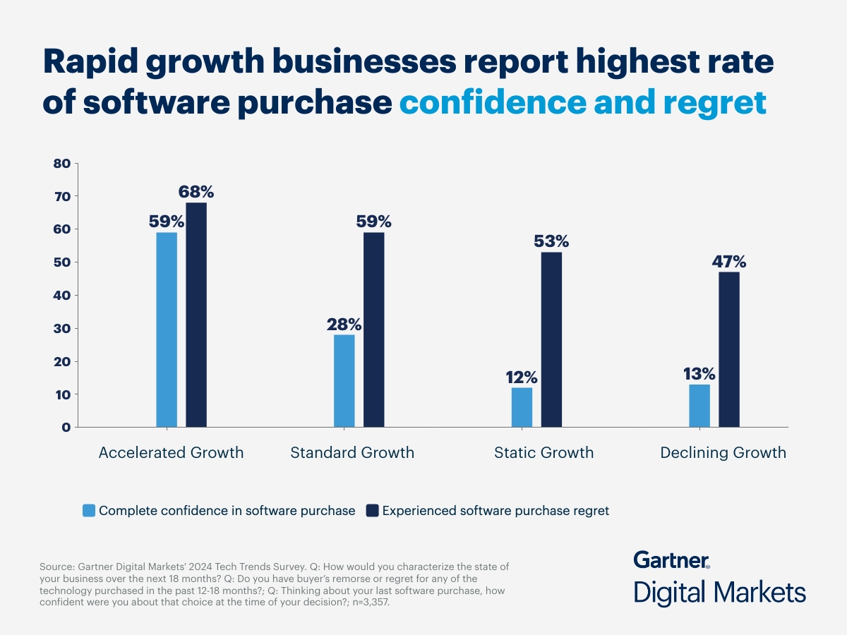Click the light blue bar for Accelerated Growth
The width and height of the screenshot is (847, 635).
pos(167,329)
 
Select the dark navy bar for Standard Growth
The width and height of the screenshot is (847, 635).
pos(374,329)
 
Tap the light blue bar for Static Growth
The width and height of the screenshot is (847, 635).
pos(522,407)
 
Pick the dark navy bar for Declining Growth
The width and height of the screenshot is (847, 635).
pos(729,349)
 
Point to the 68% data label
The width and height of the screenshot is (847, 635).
pos(196,192)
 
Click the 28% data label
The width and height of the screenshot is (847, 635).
pos(344,325)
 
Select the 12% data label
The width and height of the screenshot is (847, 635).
pos(522,377)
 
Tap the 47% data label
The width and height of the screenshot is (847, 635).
pos(728,262)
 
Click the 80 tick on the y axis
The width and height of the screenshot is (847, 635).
pos(62,164)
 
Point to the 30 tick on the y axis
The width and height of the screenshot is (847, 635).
pos(62,329)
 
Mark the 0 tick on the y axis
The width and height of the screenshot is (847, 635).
pos(66,428)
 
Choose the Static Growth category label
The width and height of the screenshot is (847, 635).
pos(543,453)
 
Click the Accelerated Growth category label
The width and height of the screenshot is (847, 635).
pos(171,453)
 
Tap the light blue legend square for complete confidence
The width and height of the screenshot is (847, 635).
pos(88,510)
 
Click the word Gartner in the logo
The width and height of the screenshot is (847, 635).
pos(671,560)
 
